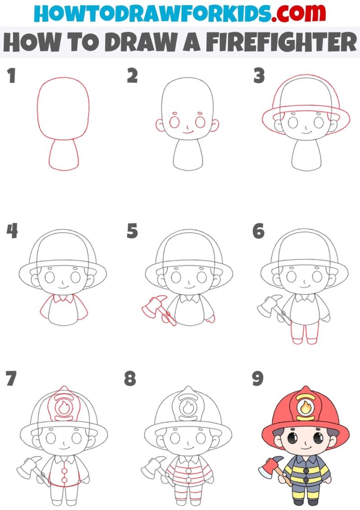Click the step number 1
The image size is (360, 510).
click(10, 76)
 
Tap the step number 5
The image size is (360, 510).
click(132, 231)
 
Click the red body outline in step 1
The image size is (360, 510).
click(64, 155)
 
